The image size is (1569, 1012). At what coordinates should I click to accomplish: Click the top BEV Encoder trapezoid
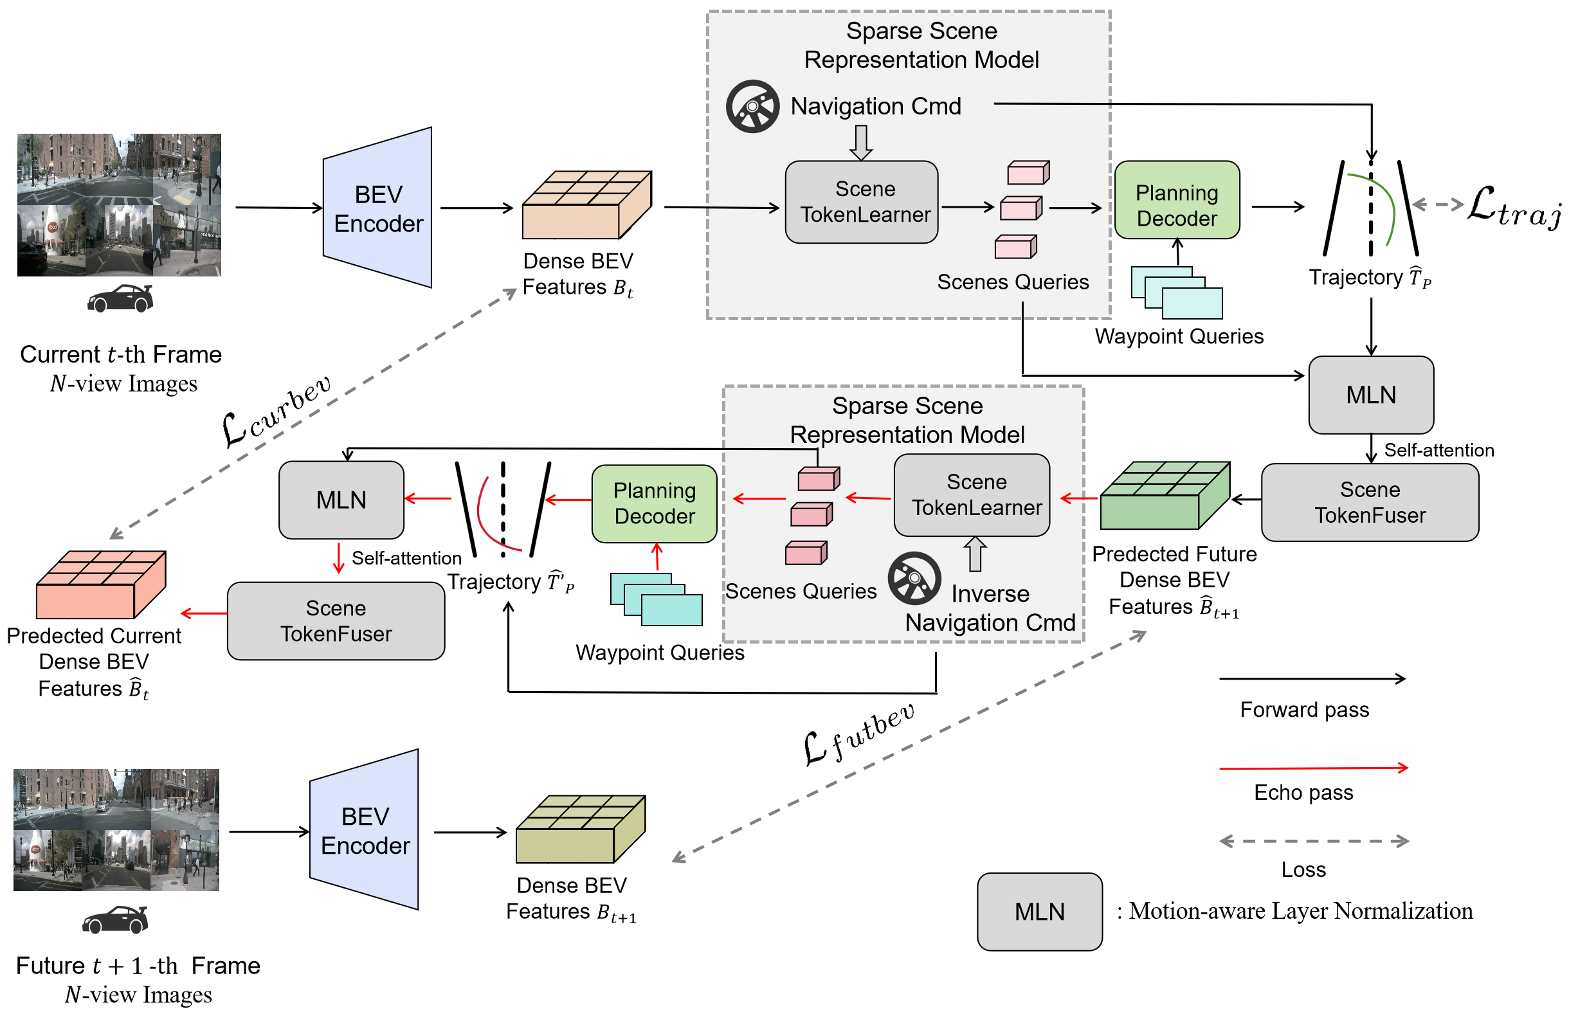378,208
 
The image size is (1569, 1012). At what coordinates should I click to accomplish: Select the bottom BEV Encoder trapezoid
365,830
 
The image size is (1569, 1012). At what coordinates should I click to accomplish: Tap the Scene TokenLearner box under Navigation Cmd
862,202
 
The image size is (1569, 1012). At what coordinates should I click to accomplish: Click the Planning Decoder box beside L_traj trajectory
1177,200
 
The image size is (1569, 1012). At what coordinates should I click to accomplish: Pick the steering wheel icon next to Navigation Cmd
752,107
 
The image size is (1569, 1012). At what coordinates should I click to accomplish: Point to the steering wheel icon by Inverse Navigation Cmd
914,578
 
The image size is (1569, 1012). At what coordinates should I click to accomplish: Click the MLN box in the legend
1039,912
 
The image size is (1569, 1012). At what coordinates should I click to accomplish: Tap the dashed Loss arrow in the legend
1314,841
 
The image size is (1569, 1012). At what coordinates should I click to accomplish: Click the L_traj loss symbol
1512,207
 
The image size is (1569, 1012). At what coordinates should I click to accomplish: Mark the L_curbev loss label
276,411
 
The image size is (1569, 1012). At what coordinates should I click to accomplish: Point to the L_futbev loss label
857,735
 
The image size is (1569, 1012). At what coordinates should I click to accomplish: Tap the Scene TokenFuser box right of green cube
1369,503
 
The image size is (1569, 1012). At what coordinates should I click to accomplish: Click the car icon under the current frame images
120,298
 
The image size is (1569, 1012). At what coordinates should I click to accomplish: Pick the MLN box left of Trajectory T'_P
341,500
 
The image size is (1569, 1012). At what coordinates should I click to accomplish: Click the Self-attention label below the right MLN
1438,450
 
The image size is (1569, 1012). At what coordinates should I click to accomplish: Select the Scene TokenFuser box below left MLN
336,621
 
